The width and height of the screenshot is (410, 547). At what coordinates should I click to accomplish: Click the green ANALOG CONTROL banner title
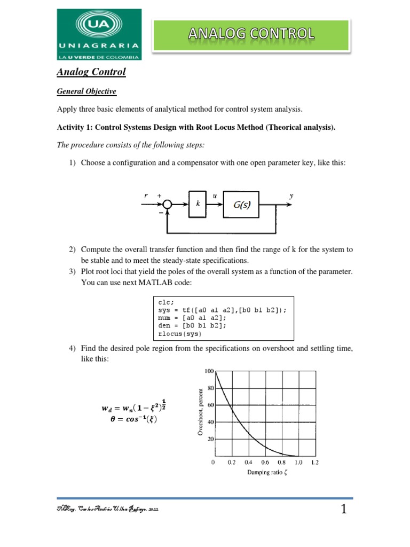(x=251, y=35)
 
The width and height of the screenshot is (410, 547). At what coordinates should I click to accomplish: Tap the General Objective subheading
(x=86, y=91)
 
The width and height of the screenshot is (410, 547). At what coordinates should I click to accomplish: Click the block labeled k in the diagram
(x=197, y=204)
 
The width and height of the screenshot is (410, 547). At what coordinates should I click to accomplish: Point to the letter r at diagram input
(x=146, y=196)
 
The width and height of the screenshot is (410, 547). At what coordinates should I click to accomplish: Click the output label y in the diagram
(x=291, y=196)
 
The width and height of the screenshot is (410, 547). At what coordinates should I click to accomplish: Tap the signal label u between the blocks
(x=214, y=196)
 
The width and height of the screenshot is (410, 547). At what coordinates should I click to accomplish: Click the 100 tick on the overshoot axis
(x=208, y=371)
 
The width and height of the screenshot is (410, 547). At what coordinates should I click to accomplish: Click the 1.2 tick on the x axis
(x=315, y=462)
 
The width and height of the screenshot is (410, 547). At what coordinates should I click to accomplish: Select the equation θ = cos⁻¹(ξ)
(x=131, y=419)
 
